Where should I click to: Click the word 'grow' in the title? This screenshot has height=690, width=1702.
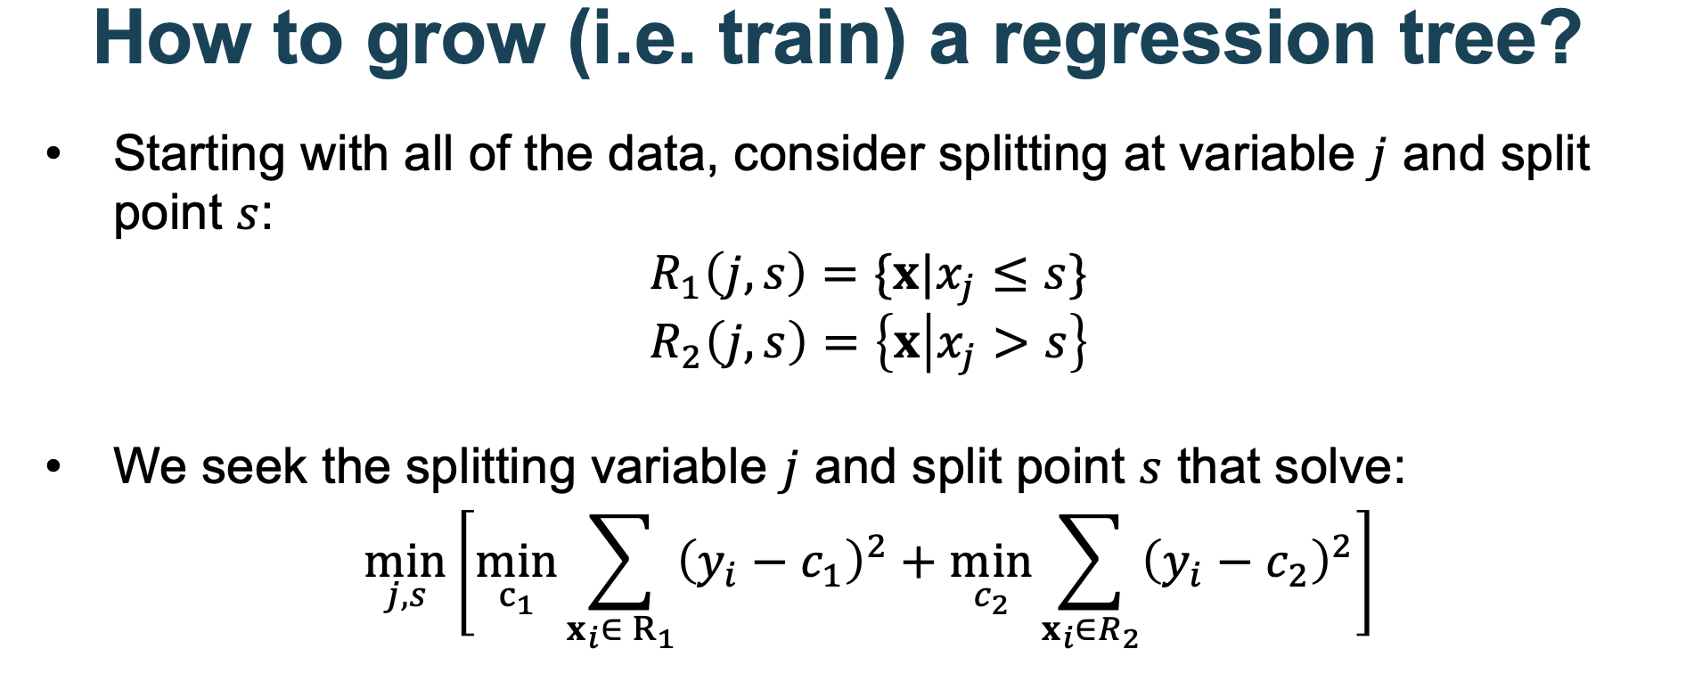[x=455, y=41]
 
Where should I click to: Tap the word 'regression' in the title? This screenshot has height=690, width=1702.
[x=1184, y=41]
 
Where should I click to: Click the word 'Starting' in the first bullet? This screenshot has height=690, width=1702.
[x=199, y=155]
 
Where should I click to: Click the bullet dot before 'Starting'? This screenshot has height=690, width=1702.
[x=54, y=153]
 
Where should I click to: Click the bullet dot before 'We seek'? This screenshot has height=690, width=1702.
[x=54, y=466]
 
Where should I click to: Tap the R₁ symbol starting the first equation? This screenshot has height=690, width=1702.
[x=674, y=275]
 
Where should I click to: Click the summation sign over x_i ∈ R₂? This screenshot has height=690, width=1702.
[x=1087, y=563]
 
